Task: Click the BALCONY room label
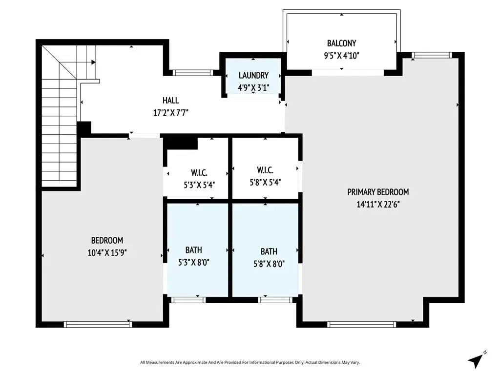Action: point(341,43)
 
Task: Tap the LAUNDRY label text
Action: point(253,75)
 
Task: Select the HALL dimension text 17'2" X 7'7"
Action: point(171,113)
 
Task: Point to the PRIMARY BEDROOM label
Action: point(378,192)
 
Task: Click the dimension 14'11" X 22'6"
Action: point(378,205)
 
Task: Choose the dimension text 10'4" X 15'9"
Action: point(107,252)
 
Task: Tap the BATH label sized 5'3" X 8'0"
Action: point(193,250)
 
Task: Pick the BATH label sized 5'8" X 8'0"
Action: point(269,251)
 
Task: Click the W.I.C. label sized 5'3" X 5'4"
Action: point(199,172)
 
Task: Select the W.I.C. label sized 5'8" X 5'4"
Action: point(265,170)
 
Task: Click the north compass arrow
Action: point(476,360)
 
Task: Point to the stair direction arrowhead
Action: point(93,62)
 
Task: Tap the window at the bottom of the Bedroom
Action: point(98,324)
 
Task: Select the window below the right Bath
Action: point(275,300)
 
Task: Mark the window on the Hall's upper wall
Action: point(192,73)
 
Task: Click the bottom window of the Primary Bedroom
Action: point(362,325)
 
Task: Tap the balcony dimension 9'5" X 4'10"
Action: point(341,56)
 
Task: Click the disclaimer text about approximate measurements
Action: point(250,363)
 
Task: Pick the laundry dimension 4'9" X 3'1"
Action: point(253,88)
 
